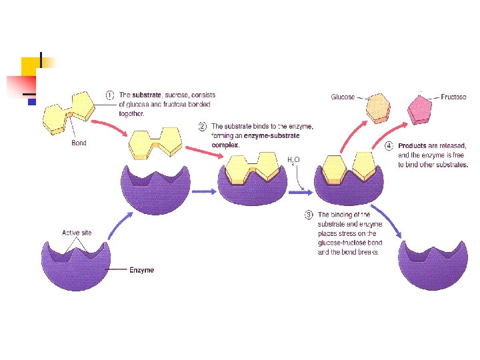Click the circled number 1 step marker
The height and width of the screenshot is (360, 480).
point(110,95)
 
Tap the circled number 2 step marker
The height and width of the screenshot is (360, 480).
point(203,125)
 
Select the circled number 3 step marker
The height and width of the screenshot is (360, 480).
point(309,215)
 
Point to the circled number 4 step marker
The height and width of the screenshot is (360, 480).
point(390,146)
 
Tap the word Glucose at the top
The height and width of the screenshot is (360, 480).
point(343,97)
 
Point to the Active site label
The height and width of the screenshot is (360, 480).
point(77,233)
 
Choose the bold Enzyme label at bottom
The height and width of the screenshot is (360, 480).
point(141,270)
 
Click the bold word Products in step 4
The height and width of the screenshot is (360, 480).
point(413,146)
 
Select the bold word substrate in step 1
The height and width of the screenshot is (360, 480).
point(145,95)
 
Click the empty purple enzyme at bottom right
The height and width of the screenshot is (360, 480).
point(430,263)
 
